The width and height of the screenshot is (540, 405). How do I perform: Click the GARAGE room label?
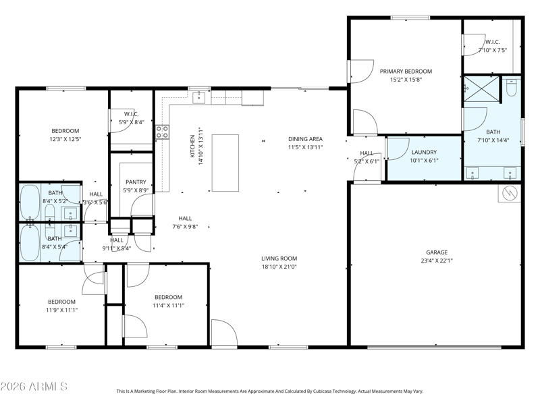point(437,252)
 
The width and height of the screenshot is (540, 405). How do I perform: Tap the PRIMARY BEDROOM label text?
point(406,72)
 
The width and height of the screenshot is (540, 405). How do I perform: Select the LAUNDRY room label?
point(424,153)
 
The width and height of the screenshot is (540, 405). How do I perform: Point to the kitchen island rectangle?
point(225,163)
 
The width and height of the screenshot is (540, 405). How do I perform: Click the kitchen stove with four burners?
point(162,132)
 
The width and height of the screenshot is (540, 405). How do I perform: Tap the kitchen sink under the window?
point(198,97)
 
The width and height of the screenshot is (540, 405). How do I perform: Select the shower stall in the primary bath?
point(481,89)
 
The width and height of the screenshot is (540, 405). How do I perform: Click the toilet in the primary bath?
point(512,88)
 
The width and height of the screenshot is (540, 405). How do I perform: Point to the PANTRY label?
point(136,182)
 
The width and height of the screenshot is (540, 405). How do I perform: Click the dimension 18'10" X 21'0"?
point(279,267)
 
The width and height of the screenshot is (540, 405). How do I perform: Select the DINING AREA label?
point(306,139)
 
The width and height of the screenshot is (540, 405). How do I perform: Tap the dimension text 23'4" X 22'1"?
point(437,261)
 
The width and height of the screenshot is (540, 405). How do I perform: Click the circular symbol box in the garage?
point(510,193)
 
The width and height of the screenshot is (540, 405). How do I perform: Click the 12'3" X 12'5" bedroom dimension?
point(65,139)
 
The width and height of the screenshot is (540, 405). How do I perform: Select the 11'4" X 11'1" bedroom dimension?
point(168,305)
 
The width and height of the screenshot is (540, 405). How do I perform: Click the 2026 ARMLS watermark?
point(34,386)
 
